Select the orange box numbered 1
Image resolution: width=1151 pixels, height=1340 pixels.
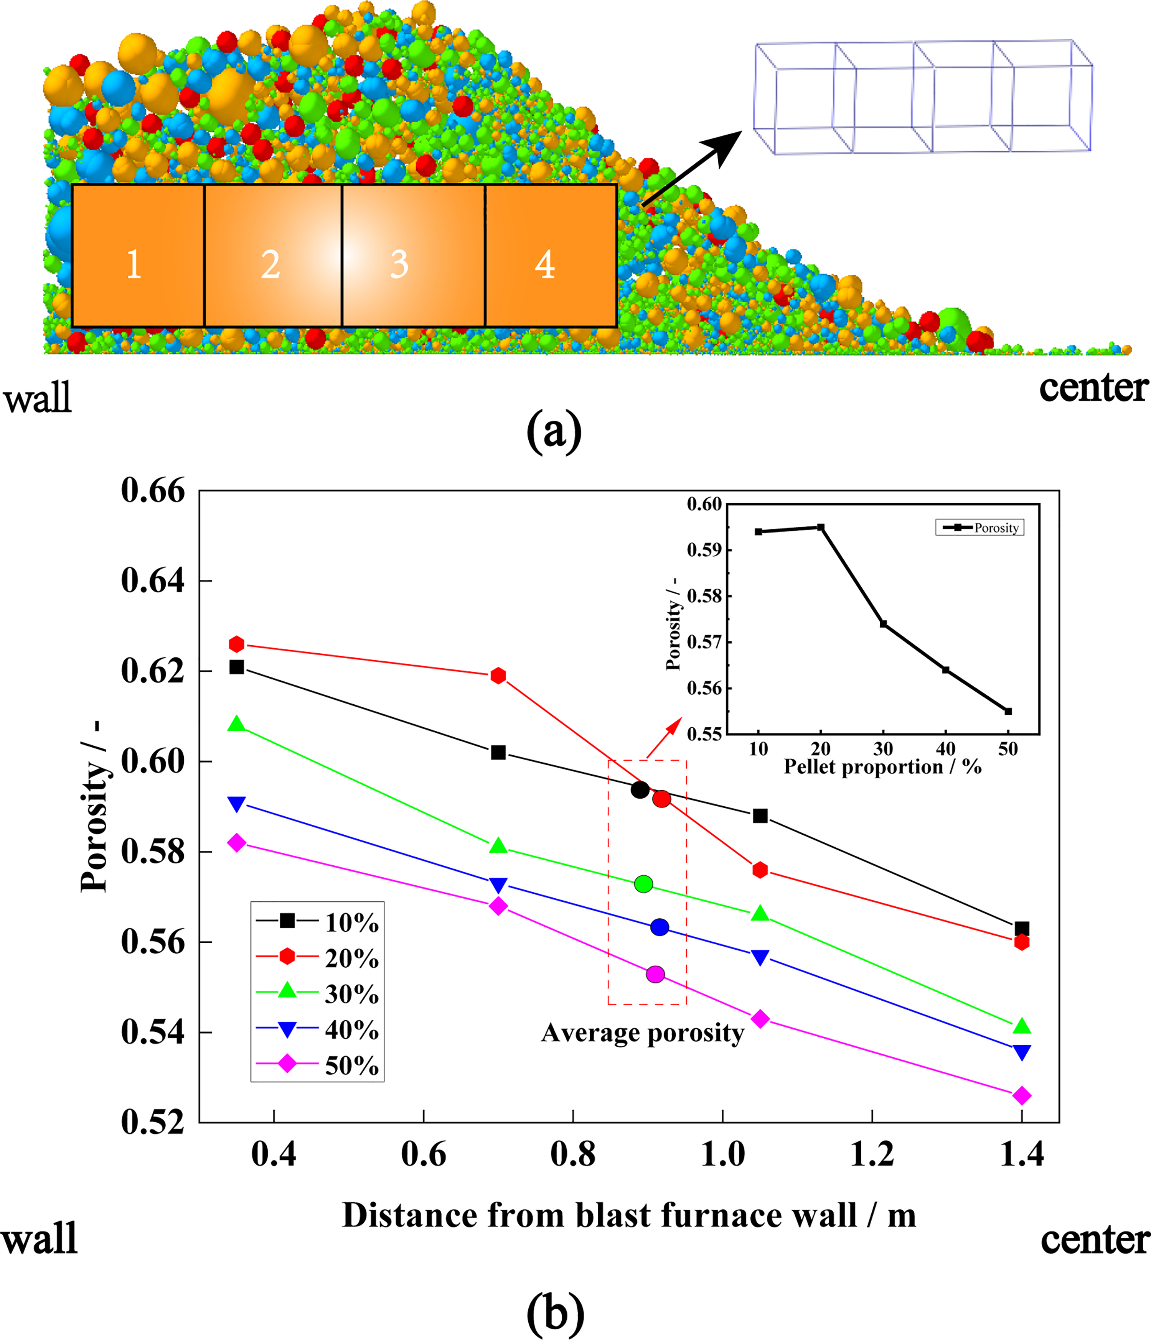pos(138,255)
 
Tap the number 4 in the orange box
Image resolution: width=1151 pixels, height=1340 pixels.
pos(545,265)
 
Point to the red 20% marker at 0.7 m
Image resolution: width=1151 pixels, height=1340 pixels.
pos(498,676)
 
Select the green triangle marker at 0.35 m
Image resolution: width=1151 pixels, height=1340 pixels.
pos(237,724)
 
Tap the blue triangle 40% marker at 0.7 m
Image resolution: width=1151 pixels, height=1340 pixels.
pos(498,885)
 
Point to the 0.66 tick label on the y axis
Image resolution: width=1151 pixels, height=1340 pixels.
pos(153,491)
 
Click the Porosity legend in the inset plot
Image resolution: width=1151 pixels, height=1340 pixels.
pos(980,528)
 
